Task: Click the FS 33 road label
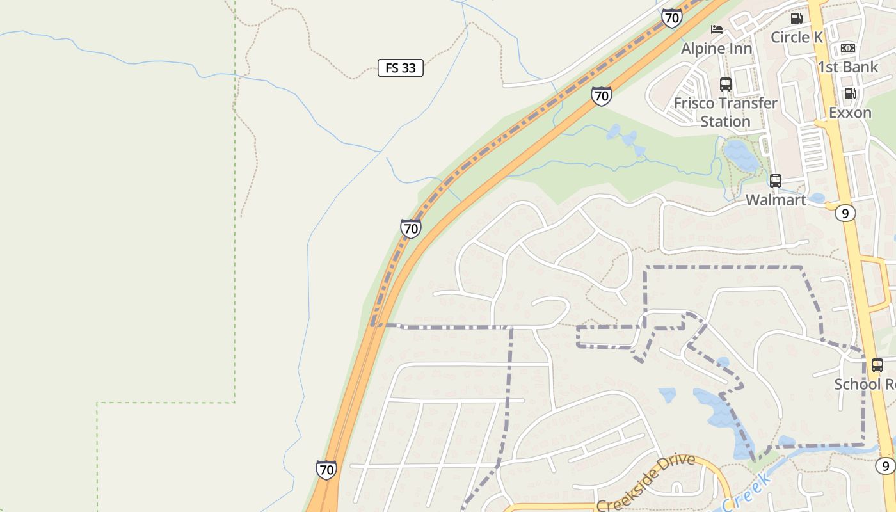point(401,68)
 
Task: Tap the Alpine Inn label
point(716,49)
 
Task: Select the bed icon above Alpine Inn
point(717,29)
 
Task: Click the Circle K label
point(796,37)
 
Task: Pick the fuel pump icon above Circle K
point(796,19)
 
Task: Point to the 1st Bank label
point(847,67)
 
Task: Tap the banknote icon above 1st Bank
point(847,48)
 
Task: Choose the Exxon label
point(850,113)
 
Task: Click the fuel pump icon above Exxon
point(850,93)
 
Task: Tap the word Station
point(725,121)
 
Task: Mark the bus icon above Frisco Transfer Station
point(725,84)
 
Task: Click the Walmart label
point(776,200)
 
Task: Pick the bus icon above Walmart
point(776,181)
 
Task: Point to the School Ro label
point(864,384)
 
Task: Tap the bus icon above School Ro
point(877,365)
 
